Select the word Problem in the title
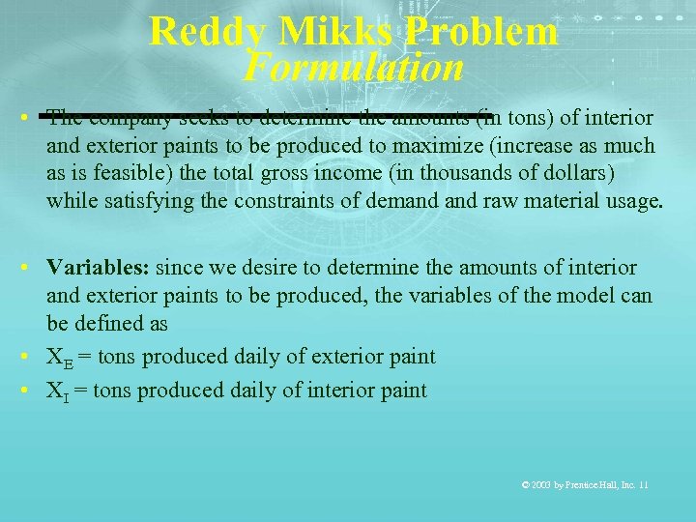click(x=482, y=32)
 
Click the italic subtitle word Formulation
click(x=354, y=68)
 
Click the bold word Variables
click(x=98, y=267)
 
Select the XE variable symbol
click(x=60, y=359)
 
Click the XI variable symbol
click(x=58, y=391)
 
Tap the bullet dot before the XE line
click(x=32, y=357)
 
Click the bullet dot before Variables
click(x=32, y=267)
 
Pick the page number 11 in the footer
click(x=643, y=484)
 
